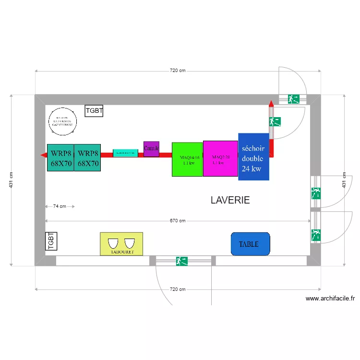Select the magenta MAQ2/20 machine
coord(220,158)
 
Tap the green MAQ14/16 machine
coord(187,159)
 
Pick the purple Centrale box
coord(151,149)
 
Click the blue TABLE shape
coord(250,244)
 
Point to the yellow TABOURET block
coord(121,244)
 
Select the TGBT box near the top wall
coord(94,111)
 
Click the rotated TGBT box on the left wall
coord(51,241)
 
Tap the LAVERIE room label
coord(230,200)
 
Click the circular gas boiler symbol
coord(63,120)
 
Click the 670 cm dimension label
coord(178,221)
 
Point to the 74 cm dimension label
coord(60,206)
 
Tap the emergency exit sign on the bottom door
coord(182,261)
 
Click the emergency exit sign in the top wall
coord(293,99)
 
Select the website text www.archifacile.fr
coord(330,298)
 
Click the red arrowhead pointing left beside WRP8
coord(43,155)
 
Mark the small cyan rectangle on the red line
coord(125,153)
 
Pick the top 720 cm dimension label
coord(178,71)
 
